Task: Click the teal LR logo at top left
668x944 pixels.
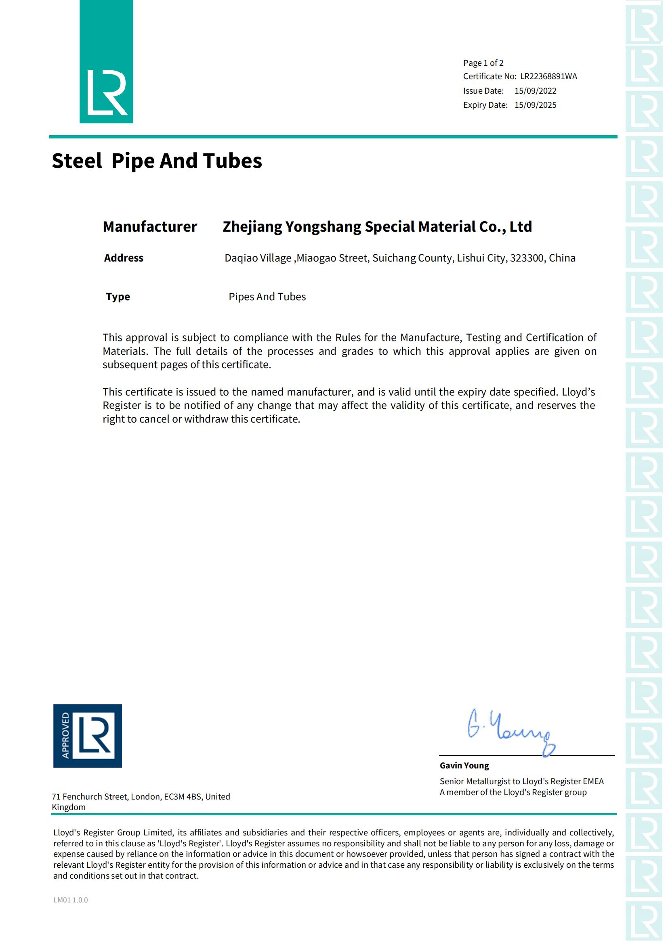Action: pos(106,62)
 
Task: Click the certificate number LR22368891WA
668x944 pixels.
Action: pos(548,76)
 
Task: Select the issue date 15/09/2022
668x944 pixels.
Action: pos(535,91)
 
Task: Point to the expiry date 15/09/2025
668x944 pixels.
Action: pos(535,105)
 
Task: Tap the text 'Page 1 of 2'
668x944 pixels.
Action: pos(483,63)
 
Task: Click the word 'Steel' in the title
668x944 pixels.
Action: pos(76,161)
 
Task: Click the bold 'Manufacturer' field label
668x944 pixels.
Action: pos(150,226)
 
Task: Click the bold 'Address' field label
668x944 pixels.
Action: pos(124,258)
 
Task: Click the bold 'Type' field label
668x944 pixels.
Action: pos(118,297)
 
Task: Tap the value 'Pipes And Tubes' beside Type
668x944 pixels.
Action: pos(267,297)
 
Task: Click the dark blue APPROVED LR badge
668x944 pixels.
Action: pos(87,736)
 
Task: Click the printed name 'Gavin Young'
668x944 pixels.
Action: pos(464,766)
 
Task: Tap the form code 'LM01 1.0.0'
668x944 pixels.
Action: pos(70,900)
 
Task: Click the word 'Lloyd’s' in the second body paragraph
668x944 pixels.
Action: pos(578,392)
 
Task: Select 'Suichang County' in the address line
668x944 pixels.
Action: pos(413,258)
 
